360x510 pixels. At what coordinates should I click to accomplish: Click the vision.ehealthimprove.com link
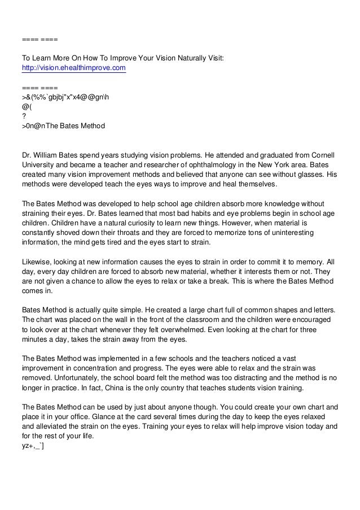[x=74, y=68]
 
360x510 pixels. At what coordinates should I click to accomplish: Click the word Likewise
[x=36, y=263]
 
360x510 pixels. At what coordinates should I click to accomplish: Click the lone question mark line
[x=24, y=116]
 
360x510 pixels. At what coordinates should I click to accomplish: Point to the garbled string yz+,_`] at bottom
[x=33, y=447]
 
